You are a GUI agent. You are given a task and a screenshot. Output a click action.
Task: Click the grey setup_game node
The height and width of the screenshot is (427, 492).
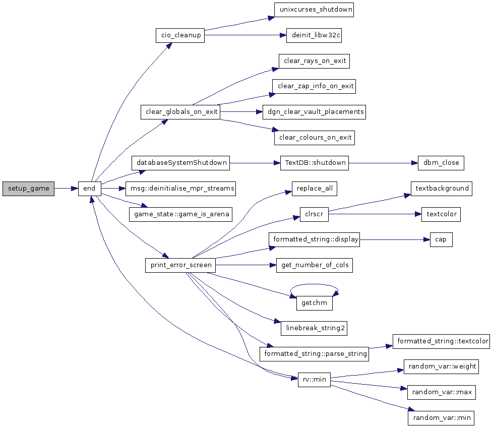pos(28,189)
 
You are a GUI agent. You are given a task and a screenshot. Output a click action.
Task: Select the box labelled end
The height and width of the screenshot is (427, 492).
pos(89,189)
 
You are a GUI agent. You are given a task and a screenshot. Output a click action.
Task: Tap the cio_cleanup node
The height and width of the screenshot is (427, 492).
pos(180,35)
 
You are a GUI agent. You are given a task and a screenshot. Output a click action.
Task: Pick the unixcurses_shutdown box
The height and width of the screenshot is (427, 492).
pos(314,10)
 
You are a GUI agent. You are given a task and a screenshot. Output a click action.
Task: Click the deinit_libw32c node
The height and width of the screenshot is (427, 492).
pos(314,35)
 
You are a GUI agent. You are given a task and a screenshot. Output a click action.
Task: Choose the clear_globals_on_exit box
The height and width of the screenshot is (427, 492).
pos(180,112)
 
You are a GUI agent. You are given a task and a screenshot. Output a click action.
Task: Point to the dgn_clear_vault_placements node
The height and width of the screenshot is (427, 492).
pos(315,112)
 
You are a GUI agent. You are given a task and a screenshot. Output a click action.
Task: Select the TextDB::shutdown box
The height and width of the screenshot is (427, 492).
pos(315,163)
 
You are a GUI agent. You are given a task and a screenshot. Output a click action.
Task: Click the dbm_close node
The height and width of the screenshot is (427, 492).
pos(441,163)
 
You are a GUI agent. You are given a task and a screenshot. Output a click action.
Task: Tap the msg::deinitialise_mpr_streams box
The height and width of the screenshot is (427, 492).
pos(181,189)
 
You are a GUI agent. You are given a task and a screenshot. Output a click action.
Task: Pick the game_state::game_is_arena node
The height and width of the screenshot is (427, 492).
pos(181,214)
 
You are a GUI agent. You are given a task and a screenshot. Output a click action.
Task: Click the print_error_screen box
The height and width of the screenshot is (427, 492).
pos(180,265)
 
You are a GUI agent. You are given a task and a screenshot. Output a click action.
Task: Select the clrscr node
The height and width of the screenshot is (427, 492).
pos(314,214)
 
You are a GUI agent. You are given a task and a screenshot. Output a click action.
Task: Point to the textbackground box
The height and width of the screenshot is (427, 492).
pos(442,189)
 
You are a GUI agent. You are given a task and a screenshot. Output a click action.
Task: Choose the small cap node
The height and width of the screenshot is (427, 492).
pos(441,239)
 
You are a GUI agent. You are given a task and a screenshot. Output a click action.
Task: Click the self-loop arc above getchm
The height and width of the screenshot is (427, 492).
pos(314,284)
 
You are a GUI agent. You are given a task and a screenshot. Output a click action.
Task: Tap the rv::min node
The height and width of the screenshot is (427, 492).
pos(314,380)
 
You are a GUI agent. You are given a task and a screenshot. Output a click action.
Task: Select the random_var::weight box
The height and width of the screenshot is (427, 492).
pos(441,367)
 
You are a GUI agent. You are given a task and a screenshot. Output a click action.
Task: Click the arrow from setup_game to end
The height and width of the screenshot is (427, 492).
pos(66,189)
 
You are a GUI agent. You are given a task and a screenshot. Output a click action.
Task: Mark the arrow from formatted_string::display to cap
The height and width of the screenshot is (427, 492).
pos(395,239)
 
